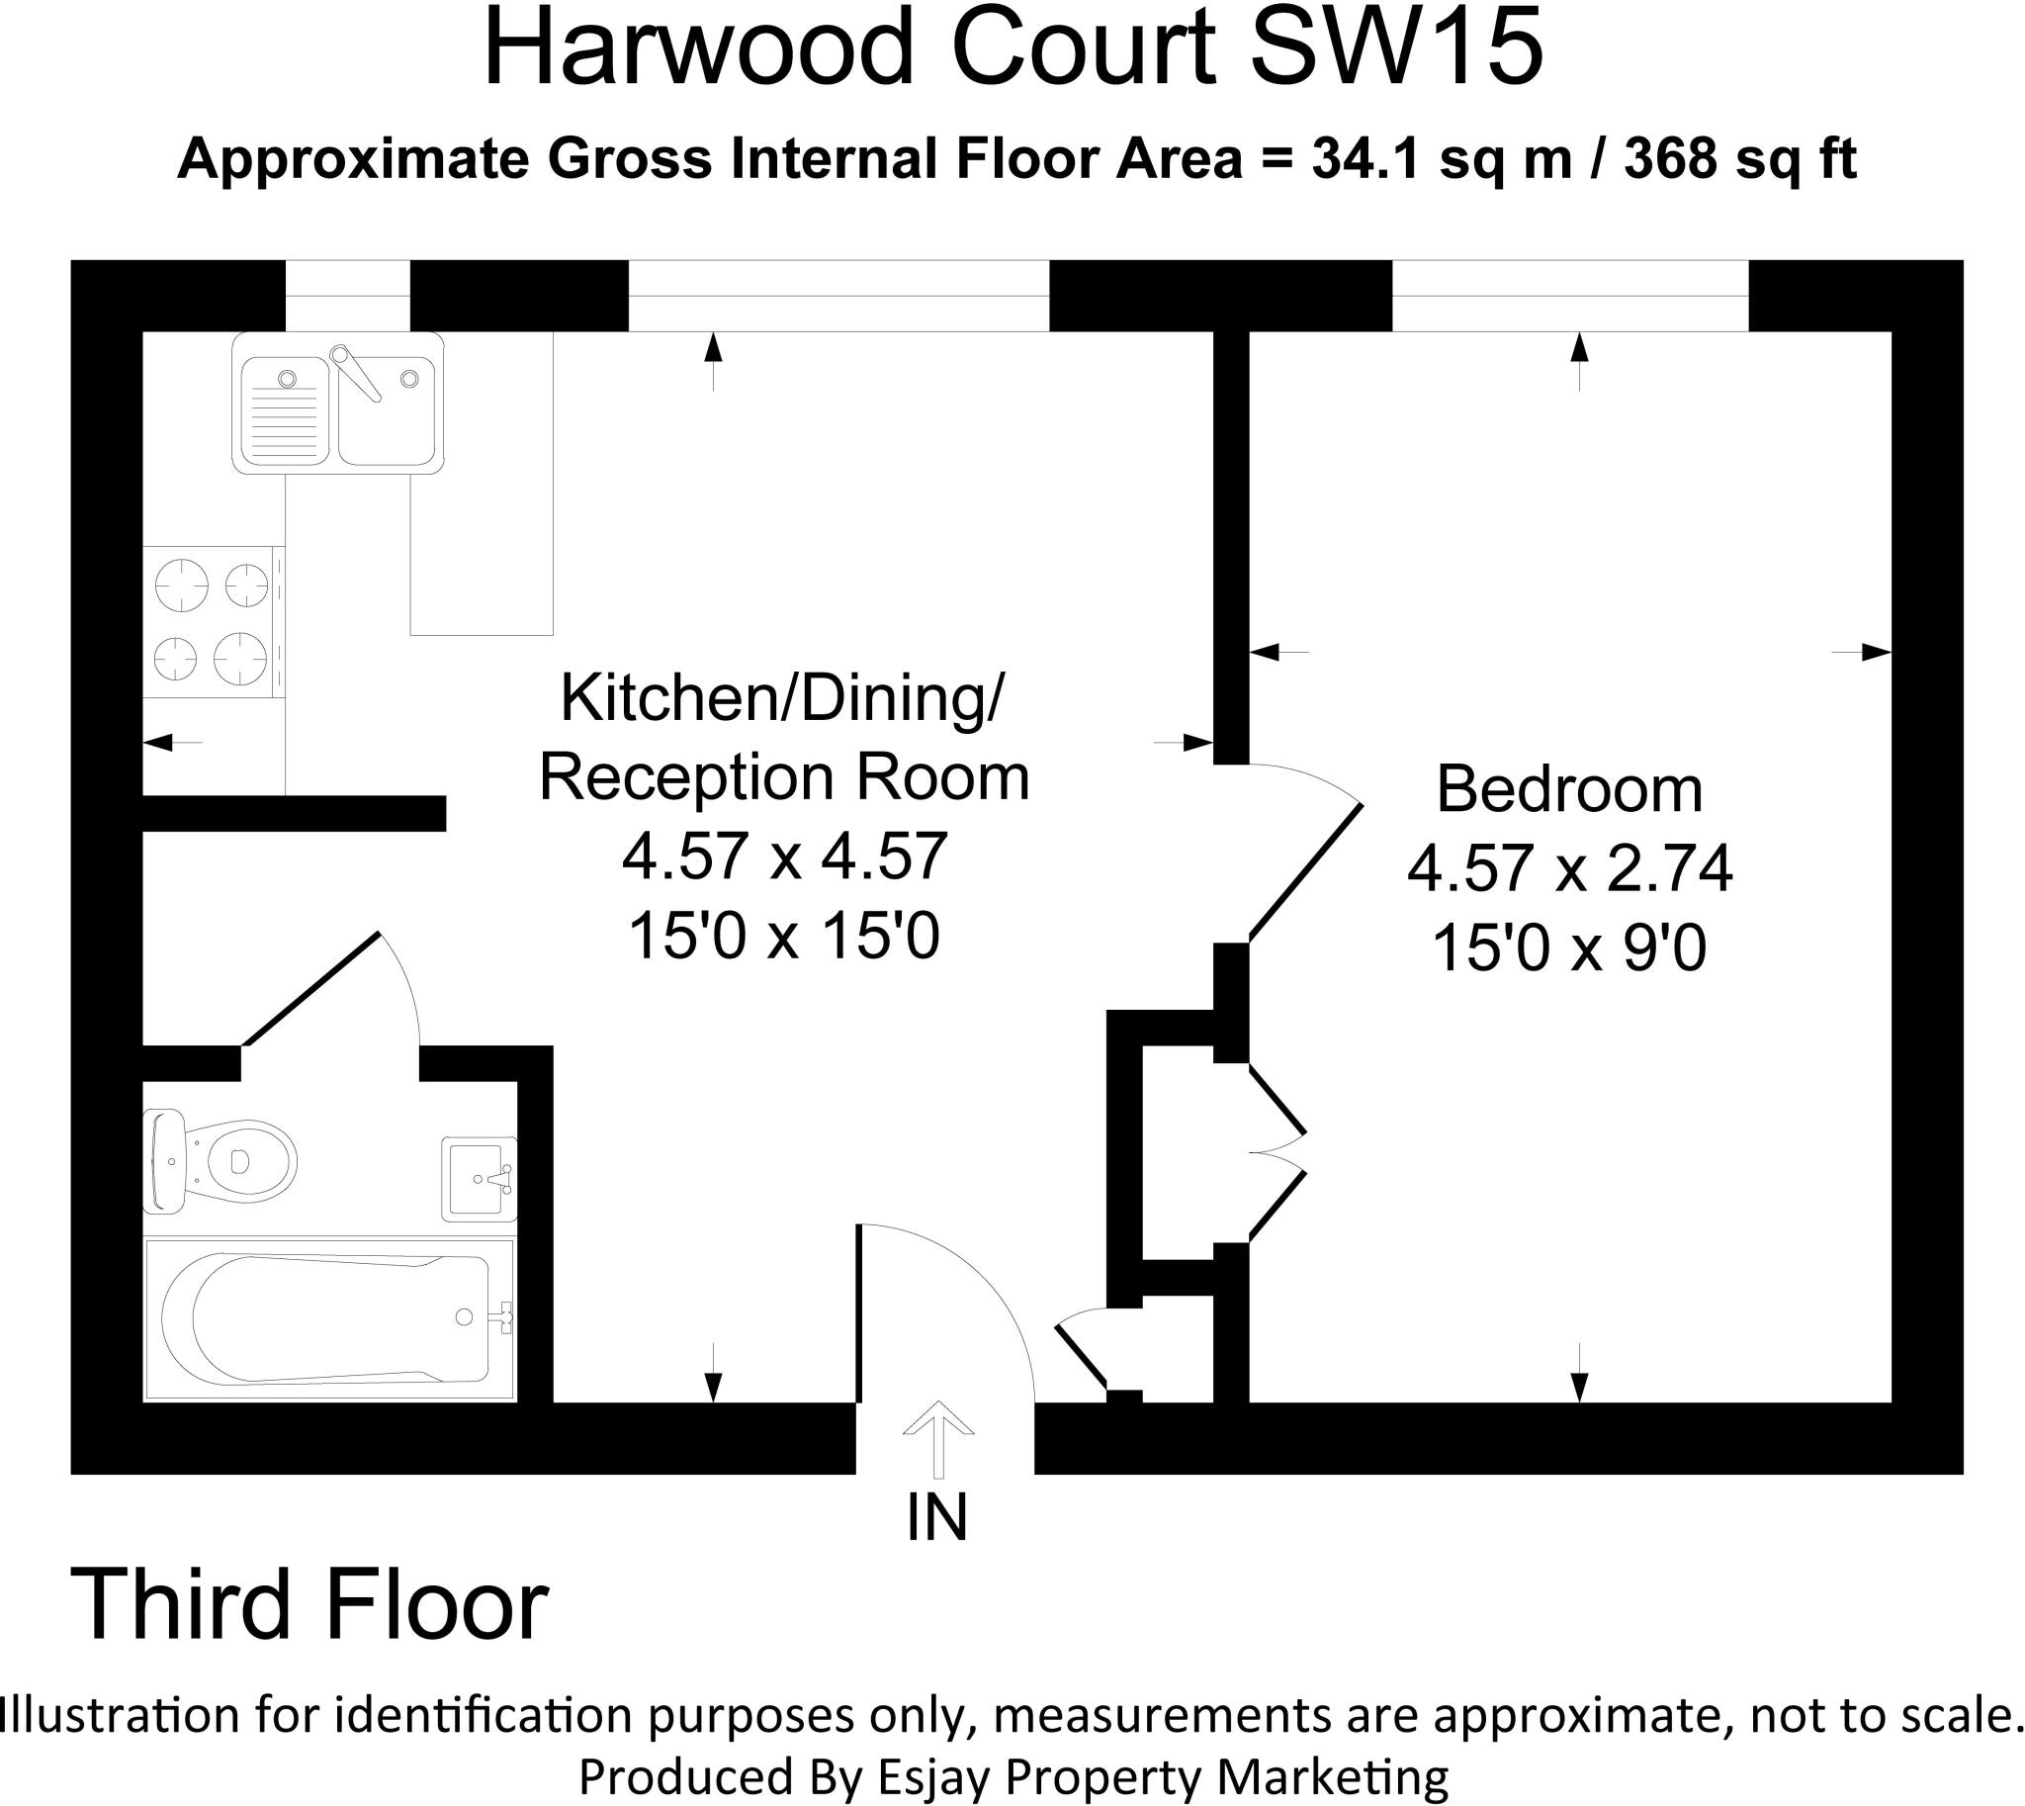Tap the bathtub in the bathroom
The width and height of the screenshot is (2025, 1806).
329,1318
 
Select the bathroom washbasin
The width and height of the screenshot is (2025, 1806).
479,1179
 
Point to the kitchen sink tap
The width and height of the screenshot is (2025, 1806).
357,372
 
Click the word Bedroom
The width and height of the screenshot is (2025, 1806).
1568,790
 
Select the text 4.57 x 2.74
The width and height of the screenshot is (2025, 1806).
1568,869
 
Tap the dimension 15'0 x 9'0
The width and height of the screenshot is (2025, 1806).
1568,948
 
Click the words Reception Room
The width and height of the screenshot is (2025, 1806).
784,778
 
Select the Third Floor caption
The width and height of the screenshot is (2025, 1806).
309,1605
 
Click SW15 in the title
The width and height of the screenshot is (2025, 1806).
1396,49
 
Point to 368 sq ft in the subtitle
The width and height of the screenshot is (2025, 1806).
1738,159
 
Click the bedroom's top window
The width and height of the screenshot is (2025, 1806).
1569,296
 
